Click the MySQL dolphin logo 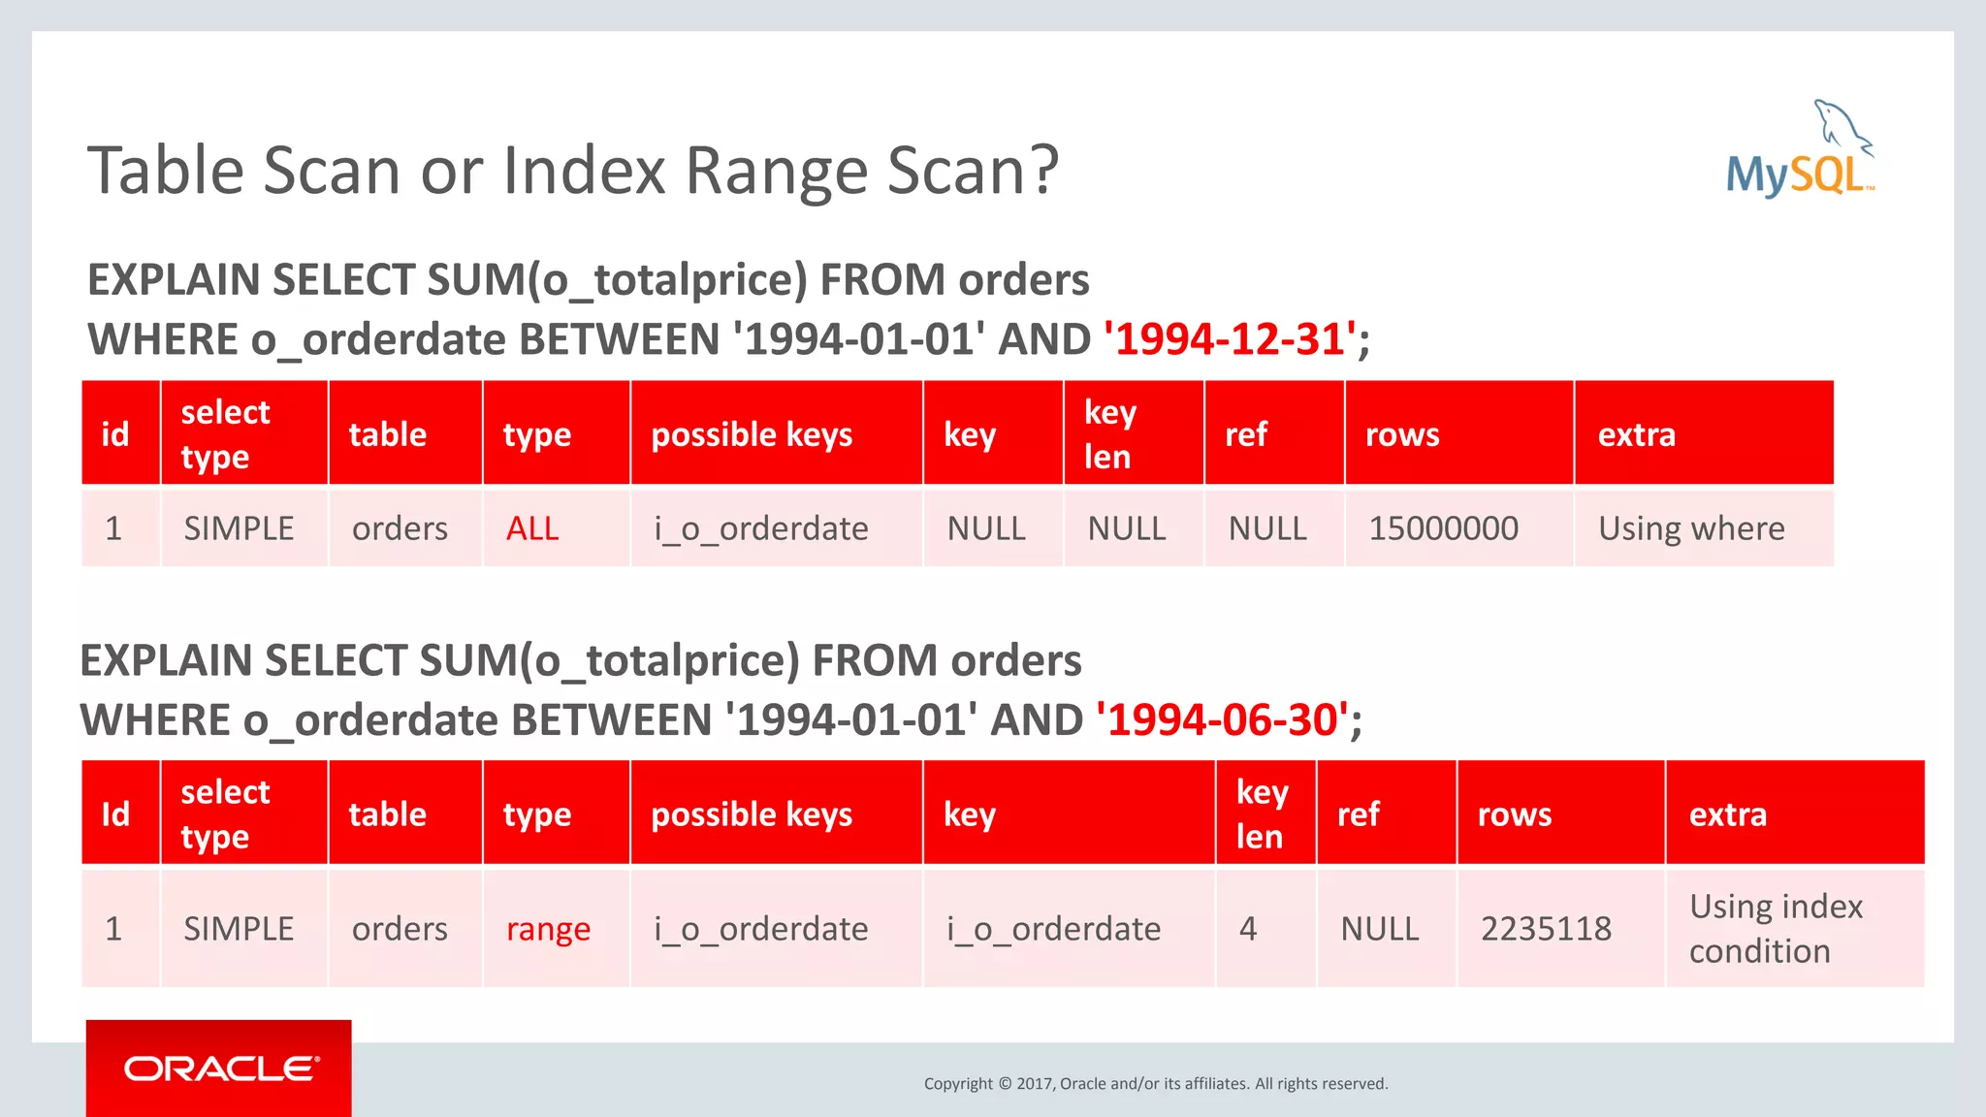coord(1800,151)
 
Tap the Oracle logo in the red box coord(221,1069)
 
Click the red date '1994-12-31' coord(1231,339)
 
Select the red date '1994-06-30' coord(1222,720)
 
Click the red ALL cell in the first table coord(532,528)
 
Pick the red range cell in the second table coord(548,929)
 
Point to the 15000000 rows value coord(1443,528)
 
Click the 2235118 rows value coord(1546,929)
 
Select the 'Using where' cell coord(1691,528)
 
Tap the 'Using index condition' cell coord(1775,929)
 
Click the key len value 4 coord(1248,929)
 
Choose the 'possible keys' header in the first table coord(752,434)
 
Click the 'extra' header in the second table coord(1727,814)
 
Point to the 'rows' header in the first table coord(1402,434)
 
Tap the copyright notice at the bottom coord(1156,1083)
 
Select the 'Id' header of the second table coord(115,814)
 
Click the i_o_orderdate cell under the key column coord(1053,929)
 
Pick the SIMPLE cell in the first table coord(239,528)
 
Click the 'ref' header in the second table coord(1358,814)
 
